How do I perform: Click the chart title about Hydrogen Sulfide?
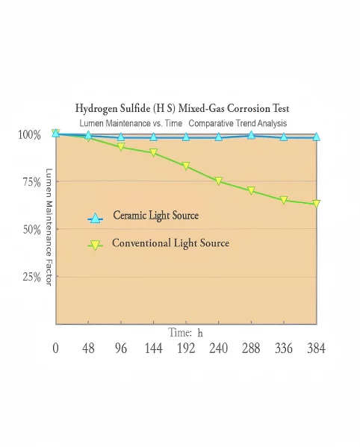[x=182, y=109]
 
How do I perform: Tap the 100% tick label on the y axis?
[x=29, y=135]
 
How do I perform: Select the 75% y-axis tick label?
[x=29, y=182]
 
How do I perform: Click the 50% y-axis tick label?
[x=29, y=230]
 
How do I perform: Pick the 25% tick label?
[x=29, y=277]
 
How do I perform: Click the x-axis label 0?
[x=56, y=348]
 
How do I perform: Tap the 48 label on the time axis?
[x=88, y=348]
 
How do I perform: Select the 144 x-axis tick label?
[x=153, y=348]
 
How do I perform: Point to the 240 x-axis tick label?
[x=218, y=348]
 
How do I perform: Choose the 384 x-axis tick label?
[x=316, y=348]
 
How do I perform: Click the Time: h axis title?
[x=185, y=333]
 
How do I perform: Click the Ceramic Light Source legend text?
[x=155, y=216]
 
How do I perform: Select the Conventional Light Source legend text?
[x=170, y=243]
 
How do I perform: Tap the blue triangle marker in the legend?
[x=95, y=217]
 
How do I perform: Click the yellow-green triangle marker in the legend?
[x=95, y=245]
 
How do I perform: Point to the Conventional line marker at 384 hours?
[x=316, y=204]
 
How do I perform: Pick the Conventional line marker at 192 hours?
[x=186, y=166]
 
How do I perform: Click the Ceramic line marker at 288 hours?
[x=251, y=135]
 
